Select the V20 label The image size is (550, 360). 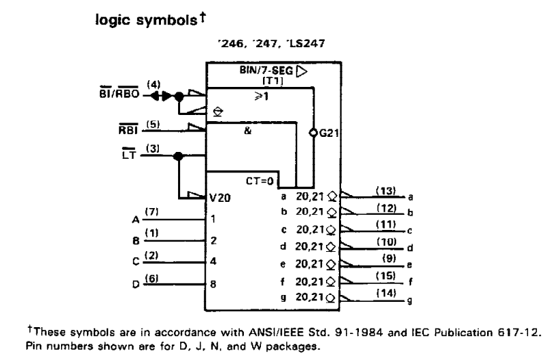pyautogui.click(x=219, y=198)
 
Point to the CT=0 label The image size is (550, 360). pyautogui.click(x=260, y=181)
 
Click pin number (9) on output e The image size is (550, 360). pyautogui.click(x=388, y=259)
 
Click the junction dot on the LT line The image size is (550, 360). pyautogui.click(x=178, y=156)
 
